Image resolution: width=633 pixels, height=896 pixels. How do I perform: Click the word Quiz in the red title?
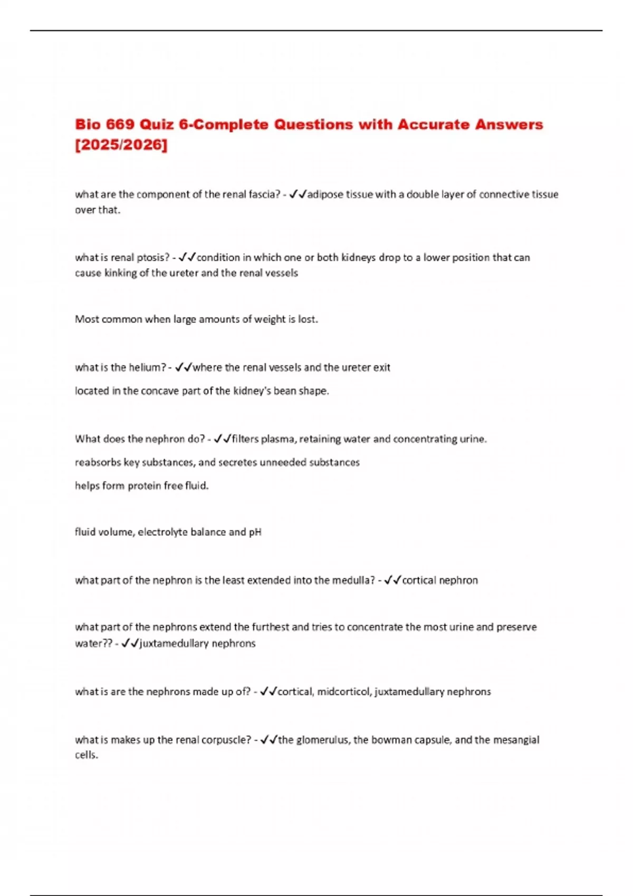pos(157,124)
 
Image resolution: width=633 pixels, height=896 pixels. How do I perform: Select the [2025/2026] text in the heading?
pos(121,144)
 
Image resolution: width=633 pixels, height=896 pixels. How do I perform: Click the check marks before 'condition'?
pos(187,258)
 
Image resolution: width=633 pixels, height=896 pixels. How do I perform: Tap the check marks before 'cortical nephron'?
pos(392,580)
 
